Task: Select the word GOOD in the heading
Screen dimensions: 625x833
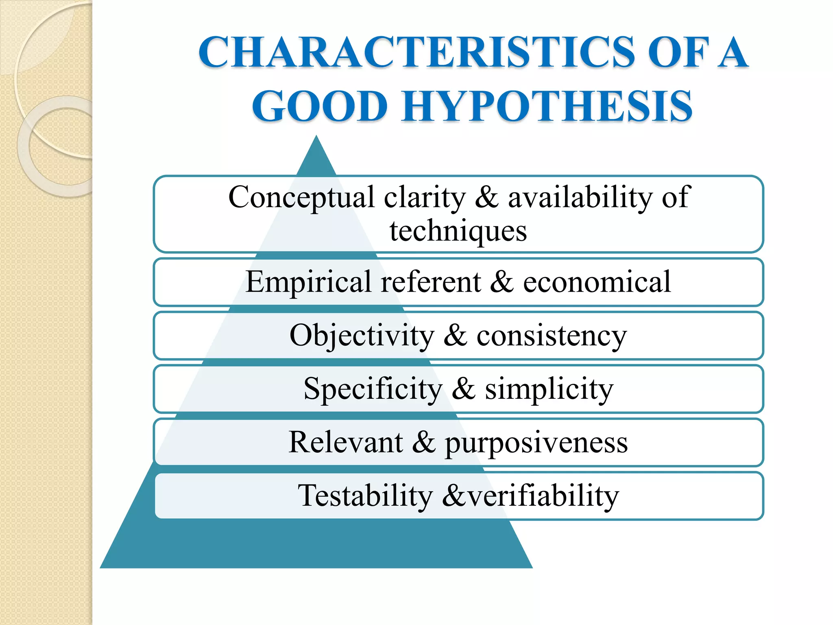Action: [320, 107]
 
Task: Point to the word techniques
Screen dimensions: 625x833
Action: [458, 231]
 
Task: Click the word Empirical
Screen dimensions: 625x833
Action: [308, 282]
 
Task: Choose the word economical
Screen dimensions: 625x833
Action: [597, 282]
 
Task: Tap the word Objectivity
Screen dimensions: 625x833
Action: [362, 336]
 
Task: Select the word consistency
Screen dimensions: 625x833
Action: [552, 336]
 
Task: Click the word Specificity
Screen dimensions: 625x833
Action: [373, 389]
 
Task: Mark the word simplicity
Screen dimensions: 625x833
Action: [549, 389]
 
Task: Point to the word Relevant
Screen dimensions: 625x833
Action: [346, 442]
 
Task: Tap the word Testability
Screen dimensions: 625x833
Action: [365, 496]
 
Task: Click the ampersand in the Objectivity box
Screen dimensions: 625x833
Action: [455, 335]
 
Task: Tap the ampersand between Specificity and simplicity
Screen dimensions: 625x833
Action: [463, 388]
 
